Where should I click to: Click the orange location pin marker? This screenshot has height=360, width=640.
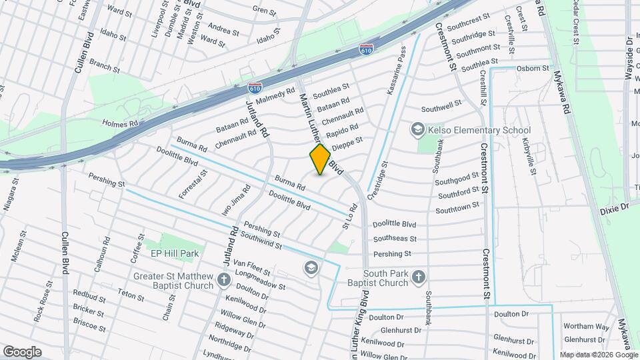[x=321, y=159]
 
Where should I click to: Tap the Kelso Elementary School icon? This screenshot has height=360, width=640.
[x=418, y=129]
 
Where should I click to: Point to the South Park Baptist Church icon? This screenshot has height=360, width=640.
[x=418, y=277]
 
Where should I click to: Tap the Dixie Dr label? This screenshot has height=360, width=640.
[x=614, y=208]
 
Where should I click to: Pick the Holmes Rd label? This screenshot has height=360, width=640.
[x=119, y=123]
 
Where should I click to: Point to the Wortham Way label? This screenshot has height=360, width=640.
[x=586, y=327]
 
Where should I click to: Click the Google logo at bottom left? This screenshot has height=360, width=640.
[x=22, y=352]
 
